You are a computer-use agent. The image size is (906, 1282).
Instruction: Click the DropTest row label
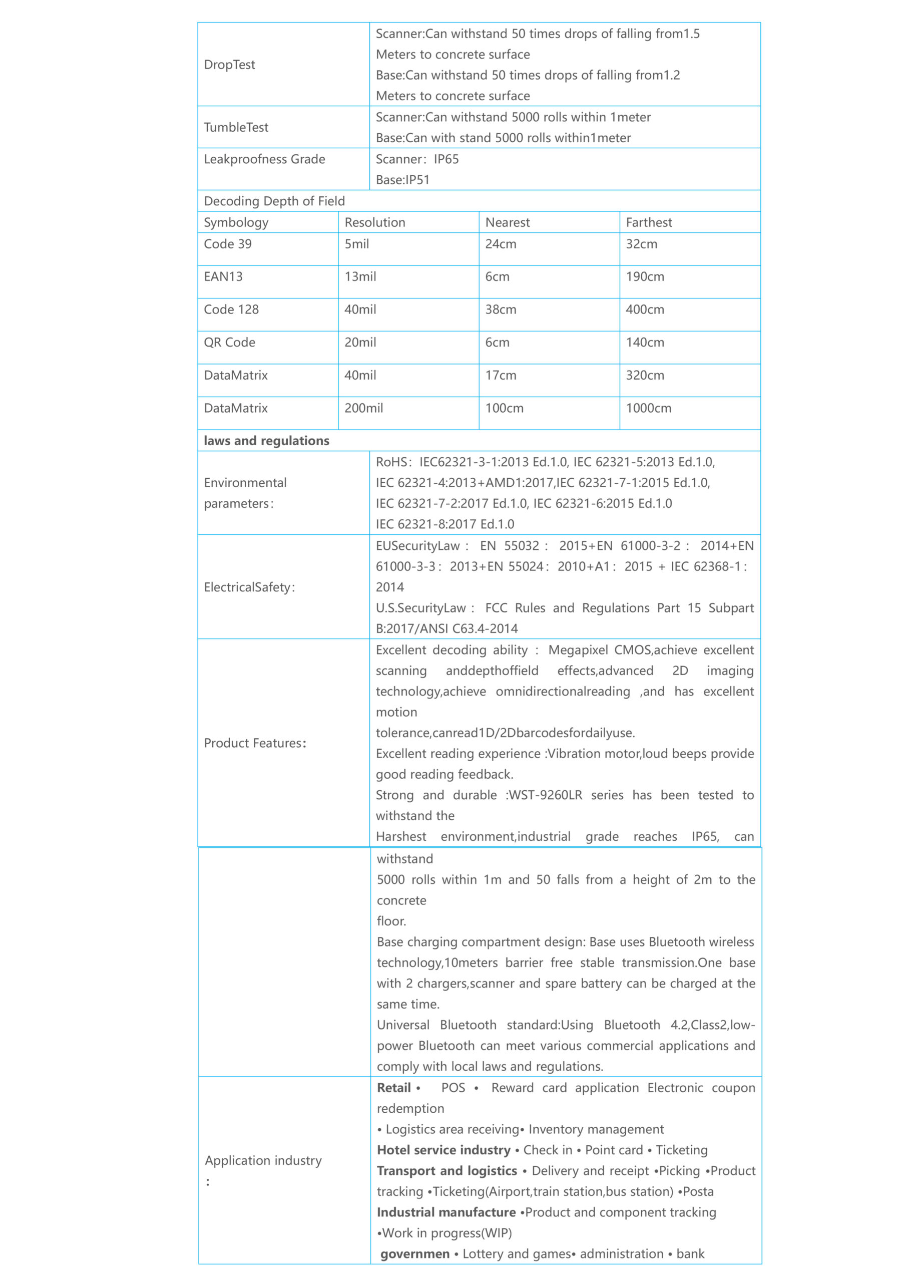point(229,65)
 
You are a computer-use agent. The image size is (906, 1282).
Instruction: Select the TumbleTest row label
point(236,127)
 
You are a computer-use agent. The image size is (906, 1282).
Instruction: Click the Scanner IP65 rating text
point(417,159)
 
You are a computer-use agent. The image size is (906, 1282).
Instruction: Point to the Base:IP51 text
point(402,180)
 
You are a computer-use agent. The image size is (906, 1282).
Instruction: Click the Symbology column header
point(236,222)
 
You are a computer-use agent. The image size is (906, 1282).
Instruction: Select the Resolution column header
point(374,222)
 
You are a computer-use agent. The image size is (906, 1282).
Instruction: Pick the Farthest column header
point(649,222)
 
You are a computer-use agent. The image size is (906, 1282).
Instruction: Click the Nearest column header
point(508,222)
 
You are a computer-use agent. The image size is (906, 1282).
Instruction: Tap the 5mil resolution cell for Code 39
point(357,244)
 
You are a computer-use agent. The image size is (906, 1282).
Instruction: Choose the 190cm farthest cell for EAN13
point(645,276)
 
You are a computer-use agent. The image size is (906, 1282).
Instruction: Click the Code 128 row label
point(231,309)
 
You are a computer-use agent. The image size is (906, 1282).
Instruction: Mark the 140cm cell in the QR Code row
point(645,342)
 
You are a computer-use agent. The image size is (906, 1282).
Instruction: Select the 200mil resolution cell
point(363,408)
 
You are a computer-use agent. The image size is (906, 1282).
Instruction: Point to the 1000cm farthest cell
point(648,408)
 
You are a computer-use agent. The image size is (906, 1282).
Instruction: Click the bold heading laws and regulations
point(266,441)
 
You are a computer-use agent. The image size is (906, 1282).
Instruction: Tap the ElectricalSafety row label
point(249,587)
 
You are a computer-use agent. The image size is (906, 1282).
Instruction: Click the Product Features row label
point(255,743)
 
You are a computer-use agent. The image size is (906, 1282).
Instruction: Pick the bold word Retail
point(393,1088)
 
